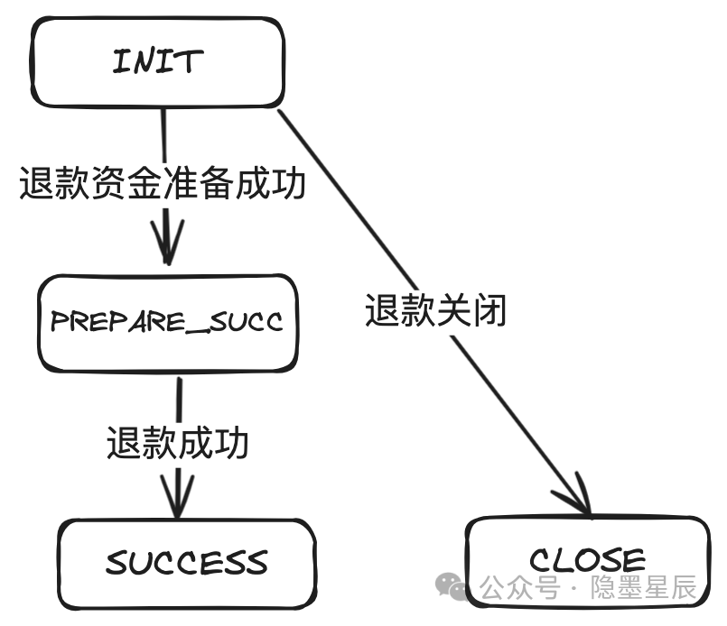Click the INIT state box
158,61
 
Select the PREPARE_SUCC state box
167,322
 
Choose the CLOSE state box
587,561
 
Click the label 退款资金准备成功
163,184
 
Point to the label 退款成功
177,443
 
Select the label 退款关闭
436,310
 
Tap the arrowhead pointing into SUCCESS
177,502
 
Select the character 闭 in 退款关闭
489,310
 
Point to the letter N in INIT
145,61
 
